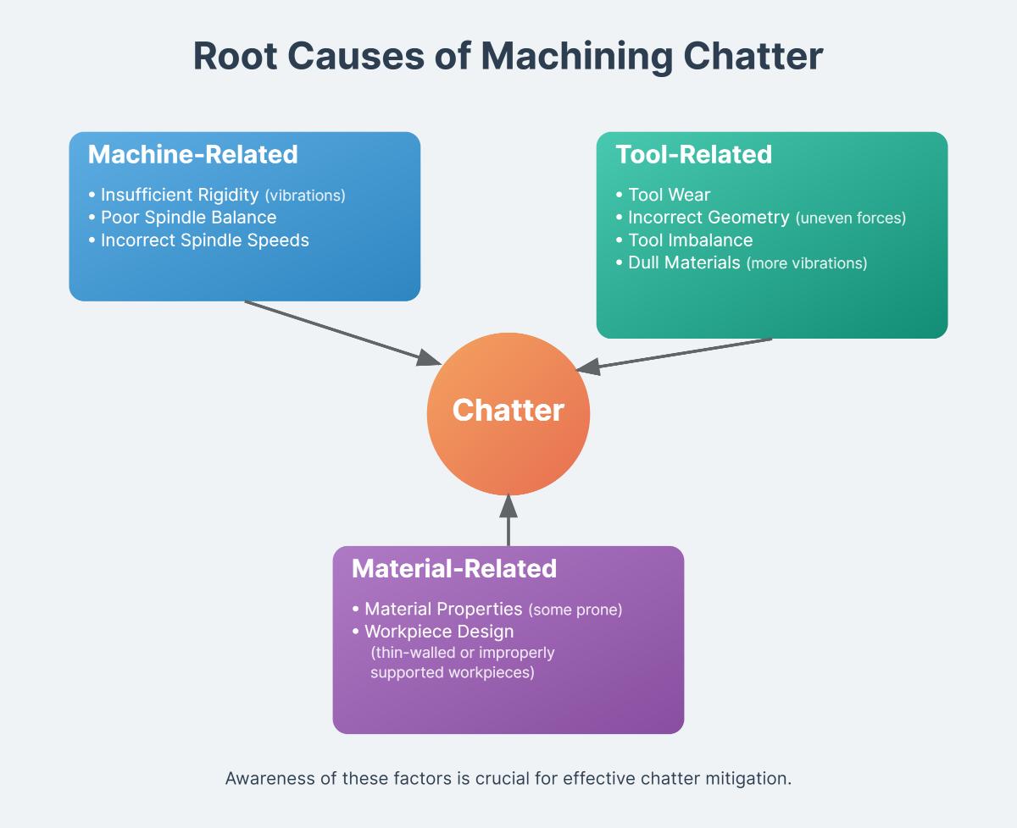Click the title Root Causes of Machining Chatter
click(x=508, y=57)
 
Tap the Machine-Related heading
click(x=192, y=154)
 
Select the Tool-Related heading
click(x=693, y=154)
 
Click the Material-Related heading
click(x=453, y=568)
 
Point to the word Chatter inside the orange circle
click(x=508, y=411)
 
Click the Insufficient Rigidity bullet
click(x=179, y=195)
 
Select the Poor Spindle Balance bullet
click(x=188, y=218)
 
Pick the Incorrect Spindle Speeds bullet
click(x=204, y=240)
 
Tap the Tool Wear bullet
click(x=669, y=195)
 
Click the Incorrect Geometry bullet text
click(x=709, y=218)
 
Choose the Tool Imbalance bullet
click(x=690, y=240)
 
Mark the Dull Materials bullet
click(x=684, y=262)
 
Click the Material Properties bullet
click(x=442, y=609)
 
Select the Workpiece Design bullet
click(x=438, y=632)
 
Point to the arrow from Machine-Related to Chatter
click(x=339, y=331)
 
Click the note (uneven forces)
click(x=851, y=218)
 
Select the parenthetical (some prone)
click(x=575, y=610)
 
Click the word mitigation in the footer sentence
click(x=748, y=779)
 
